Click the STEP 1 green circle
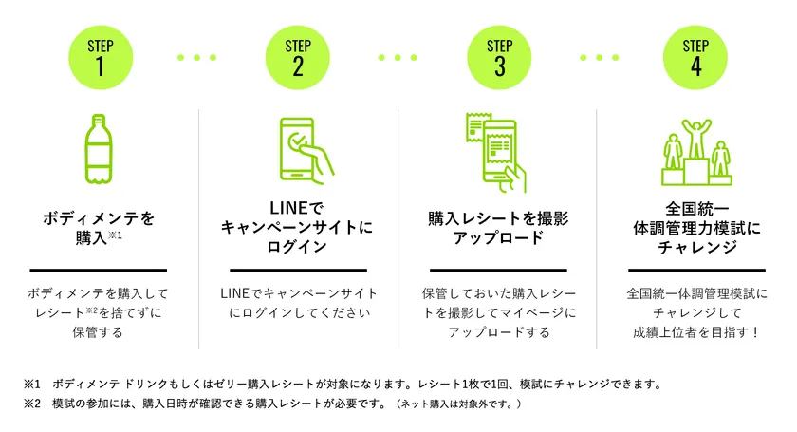[x=101, y=58]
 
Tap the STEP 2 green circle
[x=297, y=58]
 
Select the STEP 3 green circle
[x=499, y=58]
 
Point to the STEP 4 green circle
[x=695, y=58]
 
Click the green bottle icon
[x=98, y=148]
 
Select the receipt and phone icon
[x=496, y=152]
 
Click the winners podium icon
[x=696, y=153]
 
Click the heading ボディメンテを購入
[x=98, y=228]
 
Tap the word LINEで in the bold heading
[x=296, y=208]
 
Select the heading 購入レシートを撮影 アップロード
[x=498, y=228]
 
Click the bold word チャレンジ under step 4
[x=696, y=247]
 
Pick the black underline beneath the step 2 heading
[x=298, y=271]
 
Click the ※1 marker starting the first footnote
[x=31, y=385]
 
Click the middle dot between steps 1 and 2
[x=196, y=58]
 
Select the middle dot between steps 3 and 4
[x=600, y=58]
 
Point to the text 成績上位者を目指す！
[x=696, y=332]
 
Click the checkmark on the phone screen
[x=298, y=139]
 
